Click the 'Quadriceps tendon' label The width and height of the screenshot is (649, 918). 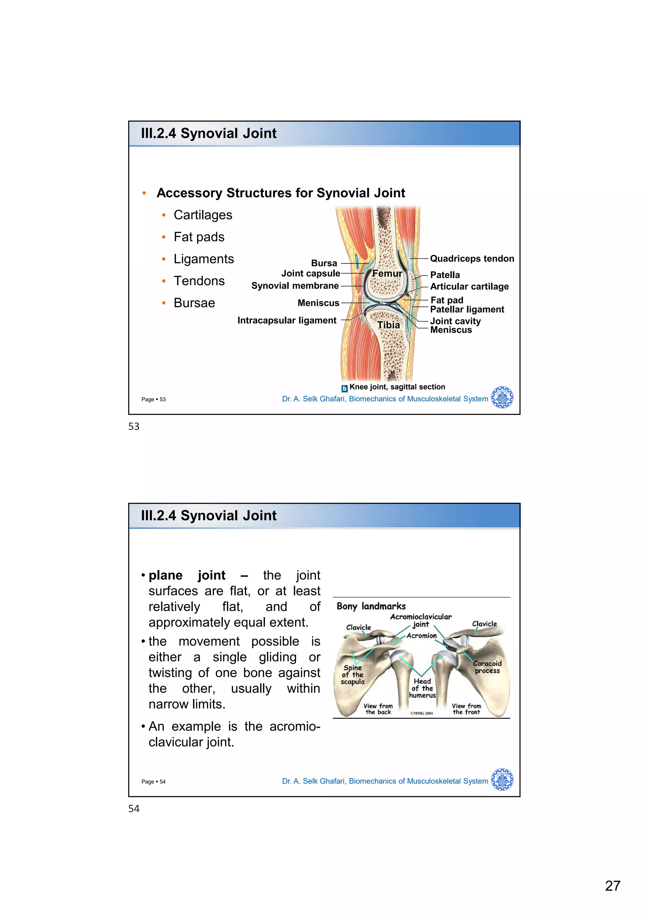coord(472,259)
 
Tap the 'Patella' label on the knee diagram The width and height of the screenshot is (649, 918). coord(445,275)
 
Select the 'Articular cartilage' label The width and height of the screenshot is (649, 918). coord(469,287)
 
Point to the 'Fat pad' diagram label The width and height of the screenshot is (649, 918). coord(447,300)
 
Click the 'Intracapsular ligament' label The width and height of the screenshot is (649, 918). coord(287,321)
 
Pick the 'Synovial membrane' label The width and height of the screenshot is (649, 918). coord(295,286)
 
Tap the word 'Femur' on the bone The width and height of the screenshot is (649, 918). coord(387,274)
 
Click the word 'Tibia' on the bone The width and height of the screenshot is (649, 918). coord(389,325)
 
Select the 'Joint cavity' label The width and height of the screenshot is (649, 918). coord(455,321)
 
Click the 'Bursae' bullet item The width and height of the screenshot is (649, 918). coord(194,303)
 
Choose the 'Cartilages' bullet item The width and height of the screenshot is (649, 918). coord(202,215)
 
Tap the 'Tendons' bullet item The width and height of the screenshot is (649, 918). coord(199,281)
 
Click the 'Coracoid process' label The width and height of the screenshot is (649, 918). coord(487,667)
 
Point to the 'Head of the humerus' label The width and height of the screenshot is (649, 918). coord(422,688)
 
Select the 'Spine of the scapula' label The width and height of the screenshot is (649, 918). coord(352,675)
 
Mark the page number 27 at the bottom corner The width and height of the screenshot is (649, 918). coord(613,886)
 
